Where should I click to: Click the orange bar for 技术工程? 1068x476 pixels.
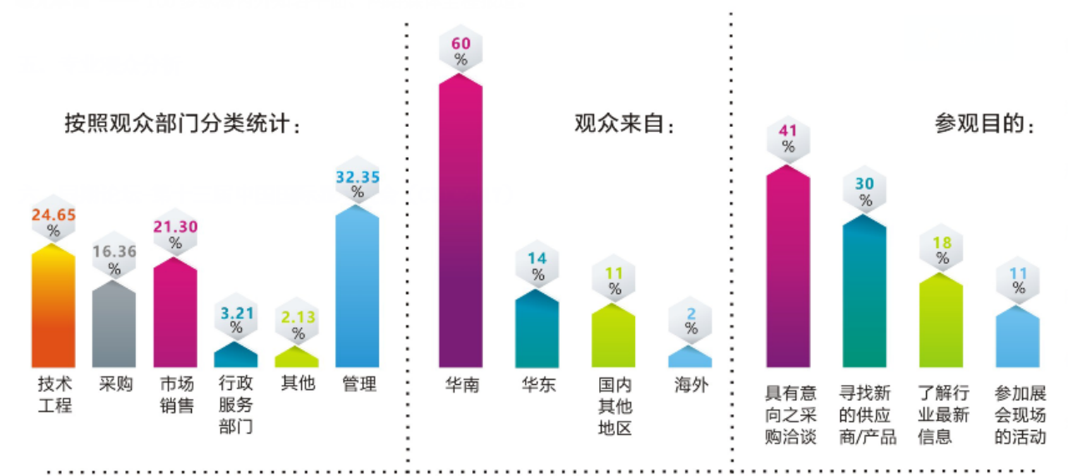pos(53,309)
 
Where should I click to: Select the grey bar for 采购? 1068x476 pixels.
pos(114,326)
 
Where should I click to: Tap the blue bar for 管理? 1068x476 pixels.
pos(357,288)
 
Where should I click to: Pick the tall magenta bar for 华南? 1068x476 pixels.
pos(461,221)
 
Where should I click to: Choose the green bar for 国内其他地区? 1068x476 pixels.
pos(614,337)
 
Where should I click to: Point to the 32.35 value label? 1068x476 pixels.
pos(357,177)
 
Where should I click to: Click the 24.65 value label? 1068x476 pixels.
pos(53,215)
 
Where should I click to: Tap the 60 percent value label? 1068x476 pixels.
pos(461,43)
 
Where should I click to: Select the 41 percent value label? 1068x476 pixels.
pos(788,130)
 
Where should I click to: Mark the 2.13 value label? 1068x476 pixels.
pos(297,317)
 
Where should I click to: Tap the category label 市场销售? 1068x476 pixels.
pos(175,395)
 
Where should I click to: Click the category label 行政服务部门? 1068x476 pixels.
pos(236,405)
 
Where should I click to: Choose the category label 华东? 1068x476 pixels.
pos(537,385)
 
